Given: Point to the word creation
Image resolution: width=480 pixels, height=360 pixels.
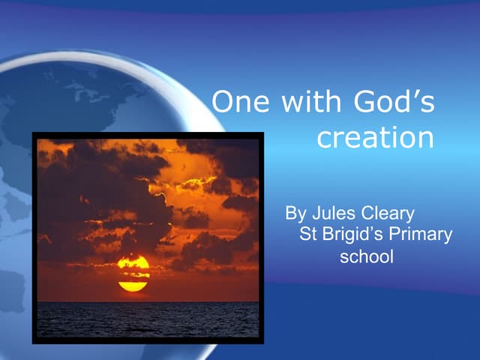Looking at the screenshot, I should tap(375, 139).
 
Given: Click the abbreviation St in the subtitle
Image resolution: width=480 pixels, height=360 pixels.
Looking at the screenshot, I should tap(307, 235).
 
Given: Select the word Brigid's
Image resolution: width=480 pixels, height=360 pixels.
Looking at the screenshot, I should tap(350, 235).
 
